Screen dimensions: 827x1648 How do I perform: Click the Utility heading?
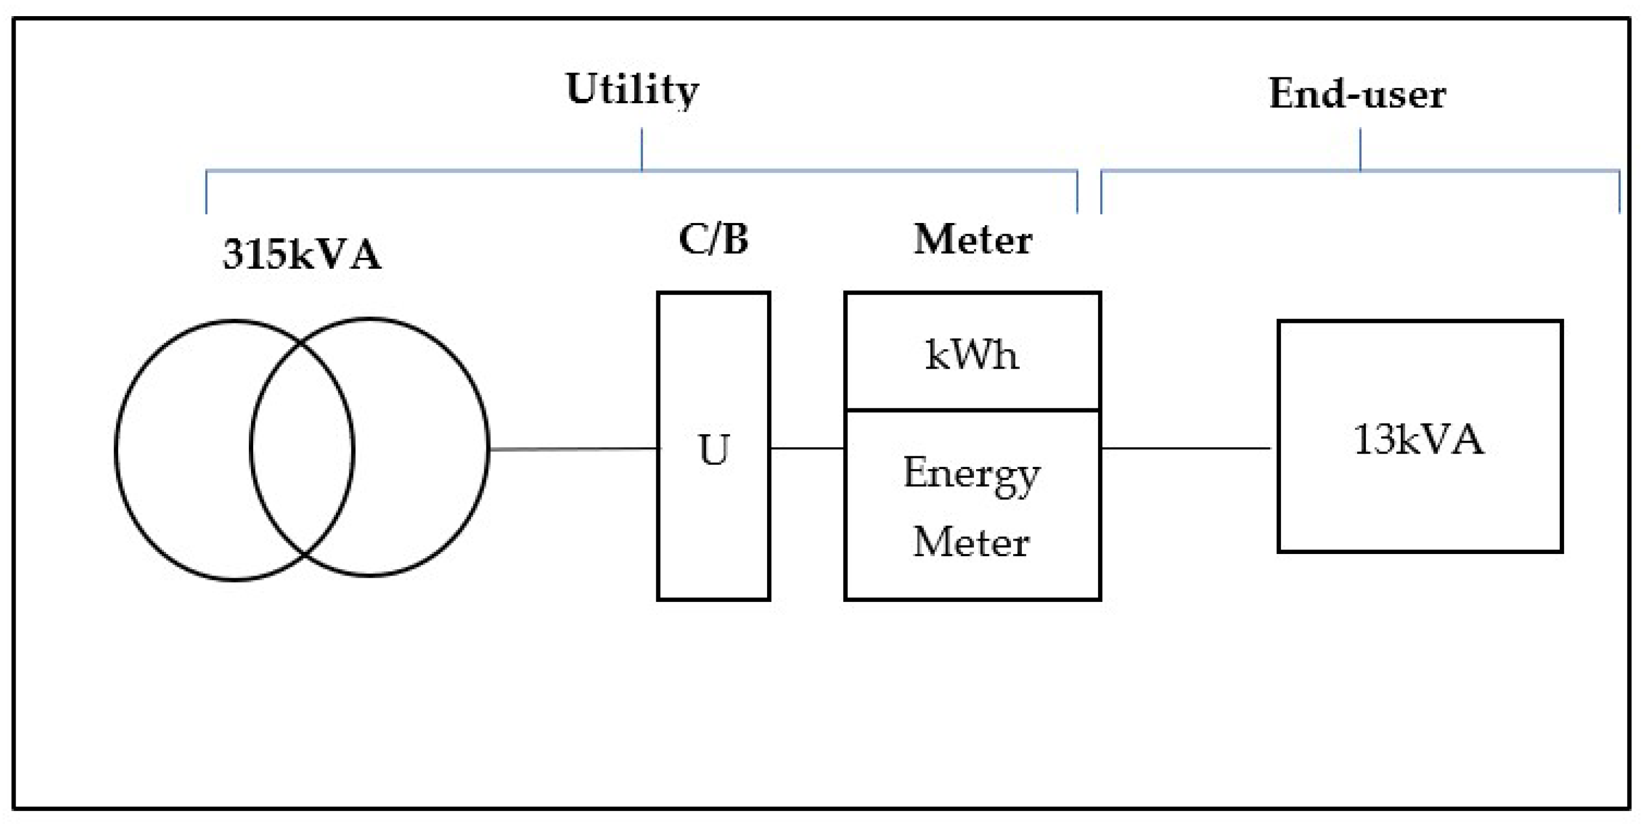pos(632,90)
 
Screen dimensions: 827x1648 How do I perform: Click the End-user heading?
pos(1357,95)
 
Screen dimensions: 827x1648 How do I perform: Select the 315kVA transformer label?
pos(302,255)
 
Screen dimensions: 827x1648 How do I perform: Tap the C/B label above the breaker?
pos(713,240)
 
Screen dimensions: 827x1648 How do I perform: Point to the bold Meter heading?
pos(972,241)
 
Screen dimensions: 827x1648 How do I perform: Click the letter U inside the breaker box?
pos(714,450)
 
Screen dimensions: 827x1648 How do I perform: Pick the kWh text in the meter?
pos(971,355)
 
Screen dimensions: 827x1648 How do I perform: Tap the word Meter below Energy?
pos(971,542)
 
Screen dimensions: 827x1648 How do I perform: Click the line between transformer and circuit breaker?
pos(572,449)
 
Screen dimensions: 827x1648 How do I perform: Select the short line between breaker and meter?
pos(807,448)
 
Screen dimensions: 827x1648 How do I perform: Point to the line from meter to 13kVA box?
pos(1185,448)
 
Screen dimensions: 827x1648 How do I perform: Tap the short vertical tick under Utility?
pos(642,148)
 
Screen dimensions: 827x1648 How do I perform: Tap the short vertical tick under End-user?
pos(1359,148)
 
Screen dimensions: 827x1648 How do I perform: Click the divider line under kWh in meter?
pos(972,409)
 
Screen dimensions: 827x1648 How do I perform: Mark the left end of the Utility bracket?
pos(206,192)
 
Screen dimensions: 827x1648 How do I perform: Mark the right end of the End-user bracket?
pos(1619,192)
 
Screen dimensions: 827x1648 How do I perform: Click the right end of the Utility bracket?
pos(1077,192)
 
